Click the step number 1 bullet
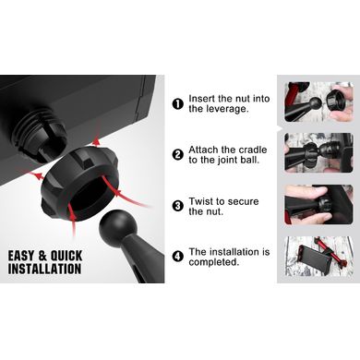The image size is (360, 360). (x=178, y=104)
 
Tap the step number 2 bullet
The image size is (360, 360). (x=178, y=155)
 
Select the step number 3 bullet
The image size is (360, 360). (x=178, y=206)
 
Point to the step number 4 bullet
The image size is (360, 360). (x=178, y=257)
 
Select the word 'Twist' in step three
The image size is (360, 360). (x=201, y=201)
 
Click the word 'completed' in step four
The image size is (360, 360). (x=212, y=263)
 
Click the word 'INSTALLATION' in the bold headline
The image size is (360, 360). (x=45, y=269)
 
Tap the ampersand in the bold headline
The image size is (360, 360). (x=42, y=256)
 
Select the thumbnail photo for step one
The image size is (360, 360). (x=318, y=102)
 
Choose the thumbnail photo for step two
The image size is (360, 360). (x=318, y=152)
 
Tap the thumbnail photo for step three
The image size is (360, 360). (x=318, y=204)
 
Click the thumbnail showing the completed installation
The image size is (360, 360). (x=318, y=256)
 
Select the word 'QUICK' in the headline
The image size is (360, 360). (x=66, y=256)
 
